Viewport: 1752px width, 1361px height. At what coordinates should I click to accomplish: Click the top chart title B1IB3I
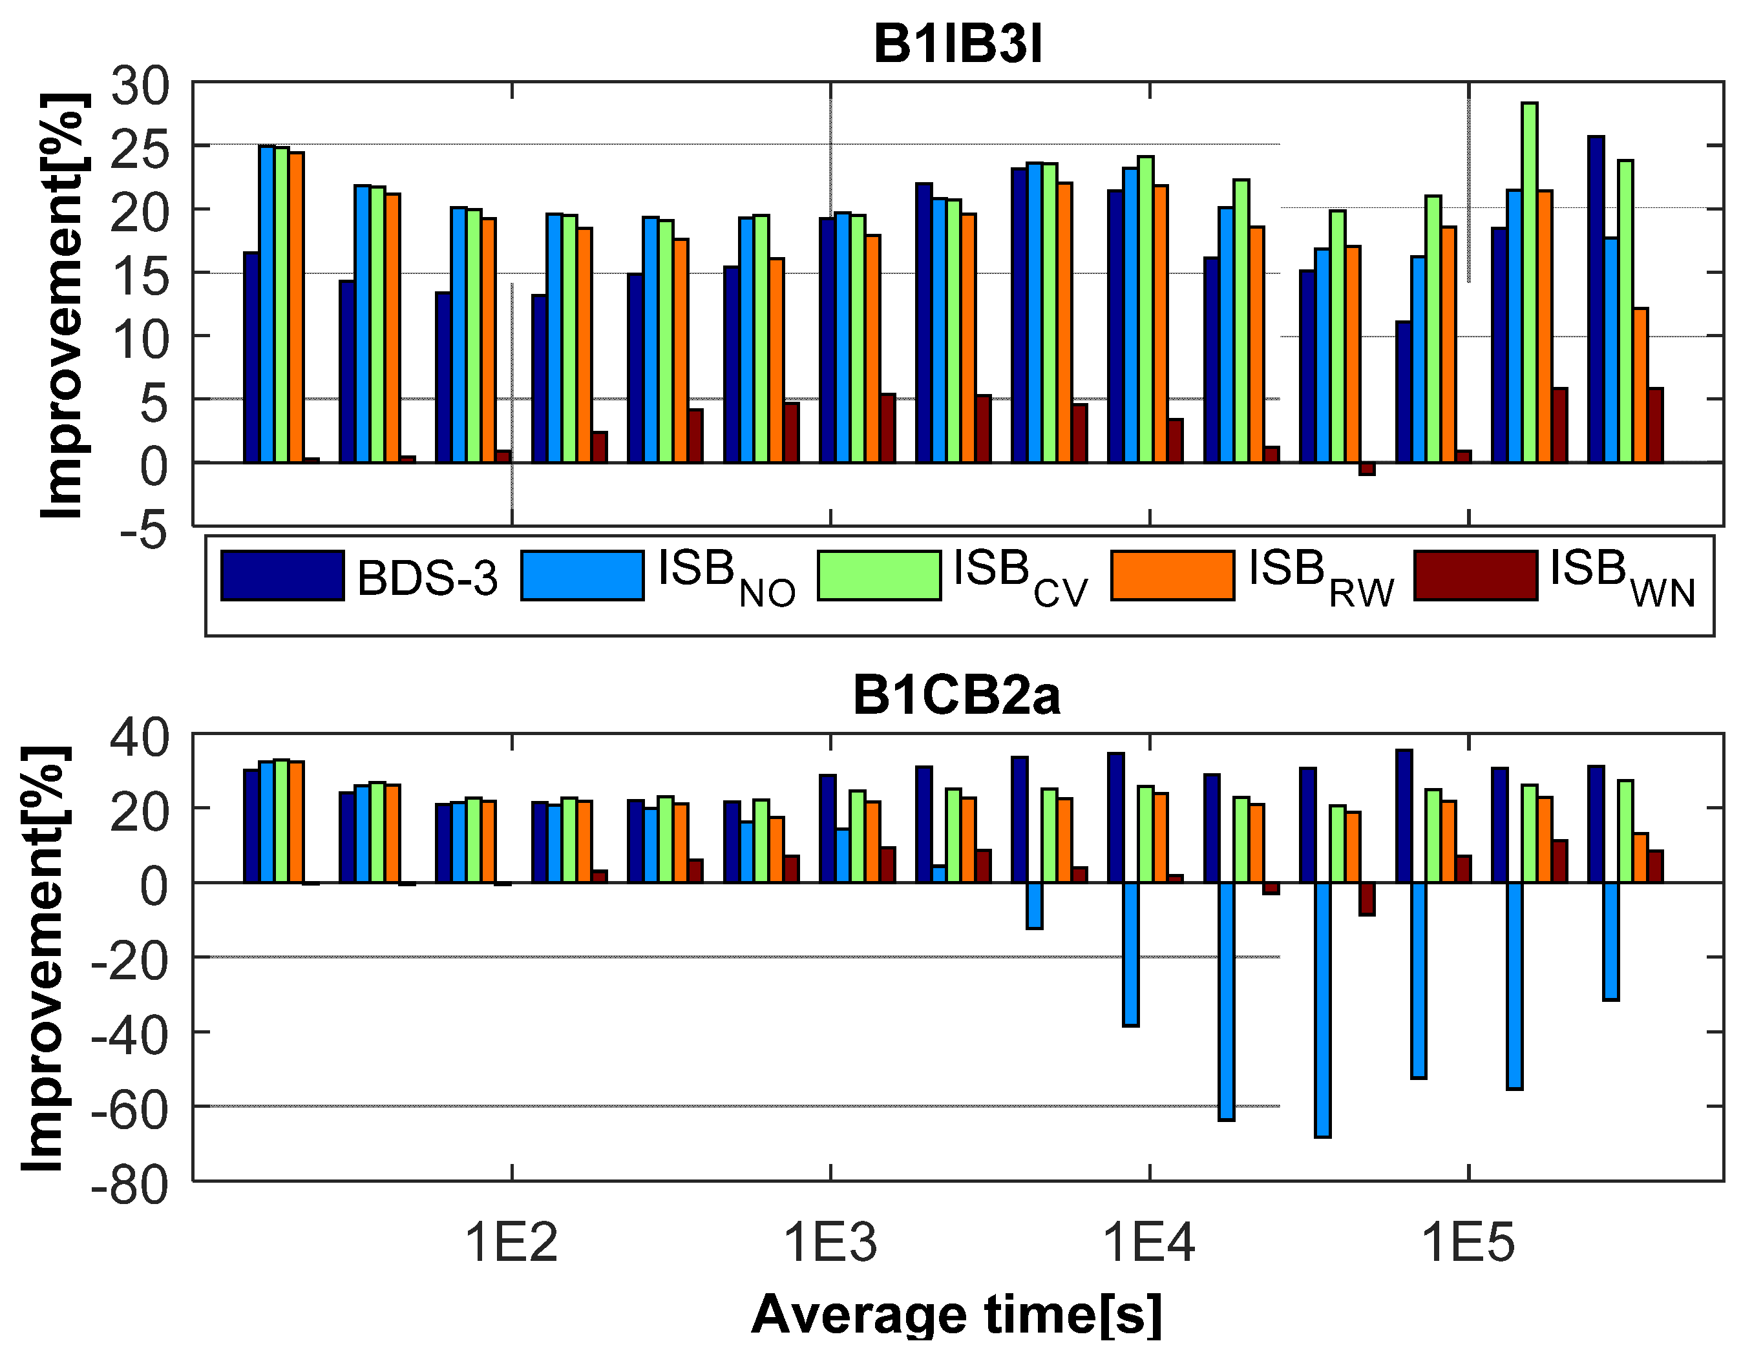pyautogui.click(x=957, y=44)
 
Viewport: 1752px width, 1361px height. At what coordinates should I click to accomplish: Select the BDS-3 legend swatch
pyautogui.click(x=282, y=575)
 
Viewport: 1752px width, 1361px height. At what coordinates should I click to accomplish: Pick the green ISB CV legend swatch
pyautogui.click(x=879, y=575)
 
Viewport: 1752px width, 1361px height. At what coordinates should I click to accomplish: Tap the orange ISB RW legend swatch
pyautogui.click(x=1173, y=575)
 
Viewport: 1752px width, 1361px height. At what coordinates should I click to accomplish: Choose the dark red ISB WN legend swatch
pyautogui.click(x=1475, y=575)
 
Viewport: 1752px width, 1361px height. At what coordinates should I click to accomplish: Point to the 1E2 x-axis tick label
pyautogui.click(x=511, y=1243)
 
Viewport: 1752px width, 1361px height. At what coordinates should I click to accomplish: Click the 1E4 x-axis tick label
pyautogui.click(x=1149, y=1243)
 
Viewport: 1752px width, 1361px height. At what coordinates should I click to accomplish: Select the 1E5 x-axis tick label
pyautogui.click(x=1468, y=1243)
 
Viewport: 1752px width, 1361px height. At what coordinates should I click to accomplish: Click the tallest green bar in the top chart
pyautogui.click(x=1529, y=281)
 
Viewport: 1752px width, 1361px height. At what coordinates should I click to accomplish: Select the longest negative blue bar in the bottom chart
pyautogui.click(x=1323, y=1009)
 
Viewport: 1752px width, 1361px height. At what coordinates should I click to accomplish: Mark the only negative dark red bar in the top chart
pyautogui.click(x=1367, y=468)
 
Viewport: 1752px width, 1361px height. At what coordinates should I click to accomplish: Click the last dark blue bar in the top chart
pyautogui.click(x=1596, y=298)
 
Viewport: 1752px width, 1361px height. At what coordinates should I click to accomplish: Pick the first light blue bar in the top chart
pyautogui.click(x=266, y=305)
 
